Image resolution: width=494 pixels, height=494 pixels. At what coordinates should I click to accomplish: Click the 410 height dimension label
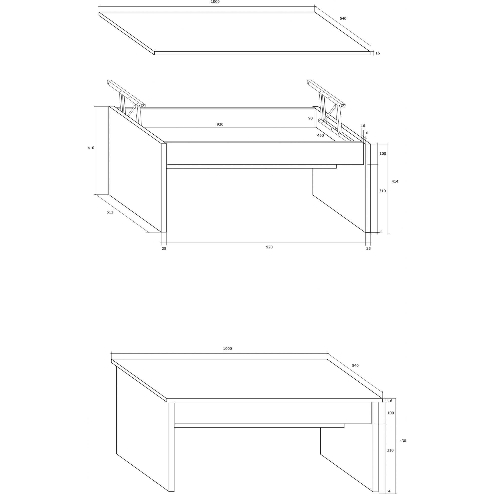tap(91, 148)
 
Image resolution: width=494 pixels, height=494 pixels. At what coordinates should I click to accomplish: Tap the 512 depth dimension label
tap(110, 212)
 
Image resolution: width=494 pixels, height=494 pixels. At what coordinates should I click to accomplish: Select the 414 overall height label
tap(395, 181)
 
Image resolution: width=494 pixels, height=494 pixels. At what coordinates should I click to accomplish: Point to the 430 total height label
tap(403, 448)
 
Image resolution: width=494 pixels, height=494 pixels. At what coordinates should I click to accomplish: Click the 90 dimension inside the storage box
tap(310, 118)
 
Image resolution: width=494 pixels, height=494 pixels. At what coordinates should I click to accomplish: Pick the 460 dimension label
tap(320, 136)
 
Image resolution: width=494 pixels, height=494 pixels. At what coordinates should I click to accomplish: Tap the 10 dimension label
tap(366, 133)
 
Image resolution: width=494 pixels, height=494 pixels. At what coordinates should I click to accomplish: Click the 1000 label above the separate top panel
tap(215, 2)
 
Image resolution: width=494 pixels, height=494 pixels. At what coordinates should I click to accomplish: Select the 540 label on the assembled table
tap(355, 365)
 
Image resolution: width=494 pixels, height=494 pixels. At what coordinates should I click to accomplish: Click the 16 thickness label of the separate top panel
tap(378, 53)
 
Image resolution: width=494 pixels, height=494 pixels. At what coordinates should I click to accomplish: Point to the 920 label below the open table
tap(269, 247)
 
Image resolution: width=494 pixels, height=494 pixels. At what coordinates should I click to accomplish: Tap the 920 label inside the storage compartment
tap(220, 124)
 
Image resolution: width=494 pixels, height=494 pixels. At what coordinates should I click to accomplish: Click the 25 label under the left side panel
tap(164, 248)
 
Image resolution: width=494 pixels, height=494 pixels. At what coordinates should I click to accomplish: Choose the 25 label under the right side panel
tap(368, 248)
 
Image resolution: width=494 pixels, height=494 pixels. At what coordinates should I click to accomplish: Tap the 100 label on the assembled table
tap(391, 413)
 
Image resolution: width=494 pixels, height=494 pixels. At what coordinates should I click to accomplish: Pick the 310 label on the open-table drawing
tap(383, 191)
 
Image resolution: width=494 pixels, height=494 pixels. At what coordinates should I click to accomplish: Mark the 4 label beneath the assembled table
tap(389, 491)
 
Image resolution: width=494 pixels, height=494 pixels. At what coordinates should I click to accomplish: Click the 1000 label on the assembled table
tap(227, 349)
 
